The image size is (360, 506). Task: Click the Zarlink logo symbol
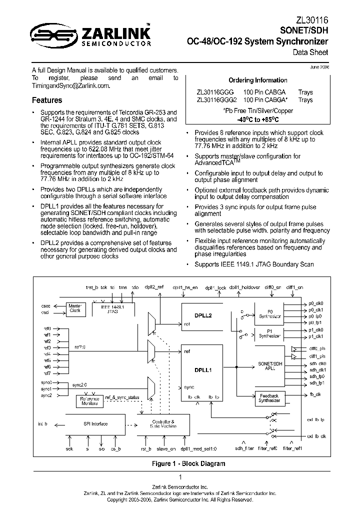[x=47, y=34]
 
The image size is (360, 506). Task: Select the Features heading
[x=47, y=100]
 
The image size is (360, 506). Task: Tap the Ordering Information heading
[x=257, y=80]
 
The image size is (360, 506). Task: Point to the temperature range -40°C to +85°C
[x=257, y=120]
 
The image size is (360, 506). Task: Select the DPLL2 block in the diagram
[x=203, y=316]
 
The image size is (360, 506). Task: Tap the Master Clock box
[x=75, y=307]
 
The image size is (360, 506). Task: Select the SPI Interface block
[x=94, y=423]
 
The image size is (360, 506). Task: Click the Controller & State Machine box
[x=163, y=424]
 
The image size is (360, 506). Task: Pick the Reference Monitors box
[x=89, y=401]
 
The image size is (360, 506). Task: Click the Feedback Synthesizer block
[x=269, y=398]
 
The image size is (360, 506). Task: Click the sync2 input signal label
[x=46, y=395]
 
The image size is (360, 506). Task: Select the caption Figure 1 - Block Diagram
[x=188, y=463]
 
